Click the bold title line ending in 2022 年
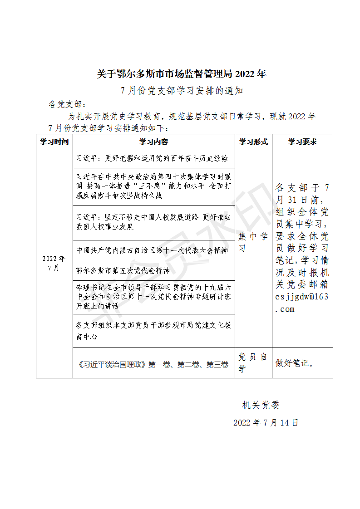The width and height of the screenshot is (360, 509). (x=182, y=74)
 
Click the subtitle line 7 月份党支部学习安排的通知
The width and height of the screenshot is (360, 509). (x=182, y=91)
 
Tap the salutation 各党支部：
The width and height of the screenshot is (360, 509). (x=67, y=104)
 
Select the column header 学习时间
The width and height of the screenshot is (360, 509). (x=54, y=142)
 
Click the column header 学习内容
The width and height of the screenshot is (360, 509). (x=153, y=142)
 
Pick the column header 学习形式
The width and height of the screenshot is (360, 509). (x=253, y=142)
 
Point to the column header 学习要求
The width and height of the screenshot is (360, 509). (x=302, y=142)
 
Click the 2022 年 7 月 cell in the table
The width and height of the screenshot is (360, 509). (x=54, y=263)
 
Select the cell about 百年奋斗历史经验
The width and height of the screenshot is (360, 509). (x=152, y=158)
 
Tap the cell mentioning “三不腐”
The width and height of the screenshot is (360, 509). (x=153, y=186)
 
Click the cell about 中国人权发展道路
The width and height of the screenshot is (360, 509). (x=153, y=222)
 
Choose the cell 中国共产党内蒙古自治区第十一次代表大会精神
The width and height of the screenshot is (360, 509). (x=152, y=250)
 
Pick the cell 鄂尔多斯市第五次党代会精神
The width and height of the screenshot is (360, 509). (x=123, y=271)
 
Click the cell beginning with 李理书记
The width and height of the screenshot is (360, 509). (x=153, y=297)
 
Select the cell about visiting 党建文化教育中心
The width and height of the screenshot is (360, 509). (x=153, y=331)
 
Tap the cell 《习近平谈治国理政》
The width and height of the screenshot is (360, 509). (x=153, y=364)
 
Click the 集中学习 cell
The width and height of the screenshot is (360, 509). (x=253, y=243)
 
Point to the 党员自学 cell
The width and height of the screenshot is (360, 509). (x=253, y=363)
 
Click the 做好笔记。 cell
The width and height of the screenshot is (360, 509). (x=295, y=363)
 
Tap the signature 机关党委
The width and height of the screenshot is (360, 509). (x=264, y=405)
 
